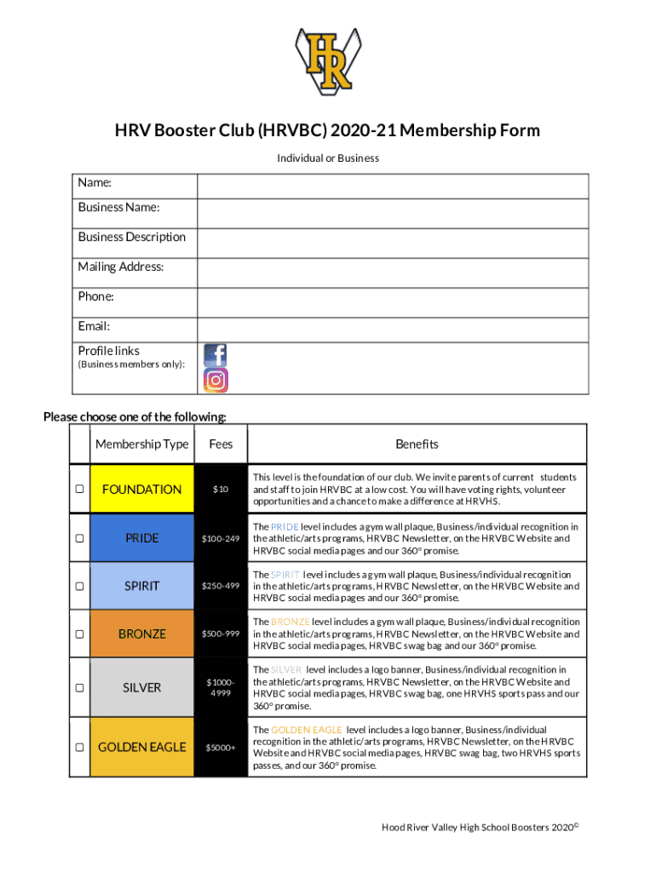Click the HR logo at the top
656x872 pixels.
tap(328, 59)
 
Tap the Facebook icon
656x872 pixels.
tap(216, 355)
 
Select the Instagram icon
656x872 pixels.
tap(216, 381)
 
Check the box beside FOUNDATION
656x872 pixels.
tap(79, 490)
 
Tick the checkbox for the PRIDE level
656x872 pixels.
tap(79, 538)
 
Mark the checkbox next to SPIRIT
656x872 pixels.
tap(79, 587)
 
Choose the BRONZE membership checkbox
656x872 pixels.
tap(79, 634)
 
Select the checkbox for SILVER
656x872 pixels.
tap(79, 687)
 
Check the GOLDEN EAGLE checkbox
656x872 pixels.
tap(79, 747)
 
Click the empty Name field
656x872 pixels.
tap(392, 186)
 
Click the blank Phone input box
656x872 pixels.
tap(392, 301)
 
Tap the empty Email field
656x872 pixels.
tap(392, 330)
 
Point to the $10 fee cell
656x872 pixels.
tap(221, 490)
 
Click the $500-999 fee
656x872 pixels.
tap(221, 634)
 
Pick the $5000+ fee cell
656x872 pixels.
tap(221, 748)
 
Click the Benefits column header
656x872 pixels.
tap(417, 445)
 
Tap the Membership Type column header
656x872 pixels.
tap(141, 445)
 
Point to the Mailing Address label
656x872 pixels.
tap(121, 267)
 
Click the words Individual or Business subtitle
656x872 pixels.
tap(328, 158)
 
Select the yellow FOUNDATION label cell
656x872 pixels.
tap(141, 490)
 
